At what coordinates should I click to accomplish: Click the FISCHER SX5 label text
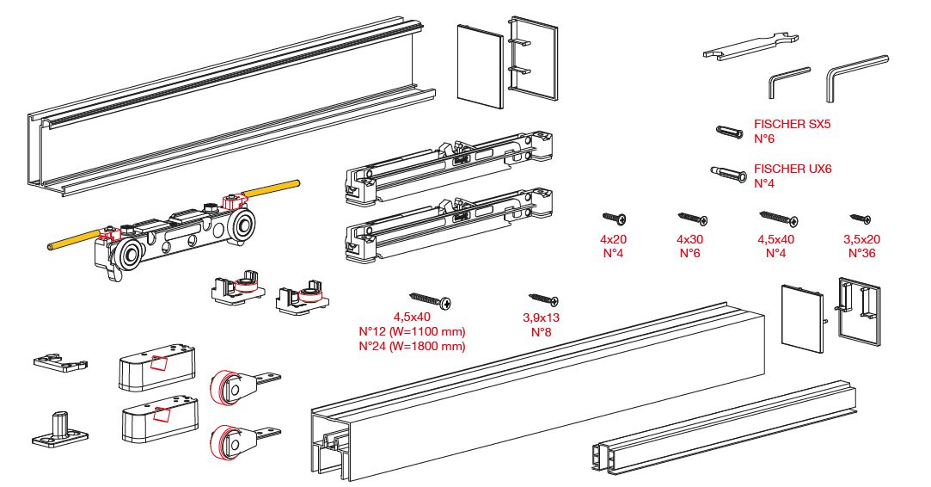[792, 124]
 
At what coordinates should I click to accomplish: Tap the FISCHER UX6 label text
[792, 170]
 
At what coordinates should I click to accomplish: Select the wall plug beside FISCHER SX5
[729, 131]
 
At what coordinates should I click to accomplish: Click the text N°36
[861, 253]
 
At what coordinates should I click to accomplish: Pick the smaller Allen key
[787, 83]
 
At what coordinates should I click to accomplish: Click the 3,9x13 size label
[541, 317]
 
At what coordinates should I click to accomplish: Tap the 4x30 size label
[689, 239]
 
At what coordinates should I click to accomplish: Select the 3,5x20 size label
[861, 239]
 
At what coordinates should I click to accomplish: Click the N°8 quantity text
[541, 332]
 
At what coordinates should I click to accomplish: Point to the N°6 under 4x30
[689, 253]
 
